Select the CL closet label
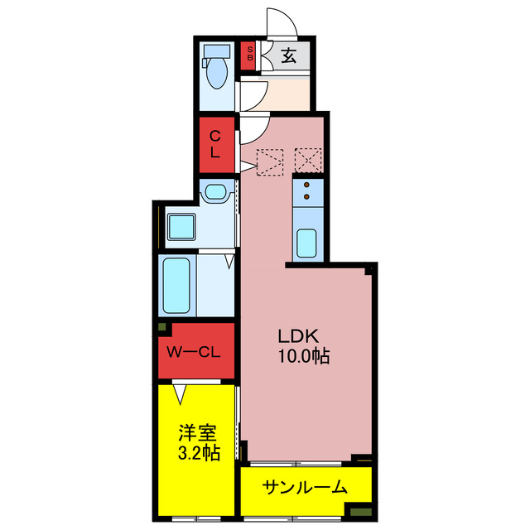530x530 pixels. click(214, 144)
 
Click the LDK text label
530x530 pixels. click(298, 337)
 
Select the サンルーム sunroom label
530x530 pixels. click(304, 488)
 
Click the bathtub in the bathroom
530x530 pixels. click(177, 286)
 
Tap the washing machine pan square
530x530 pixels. click(181, 225)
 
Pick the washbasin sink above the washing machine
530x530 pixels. click(214, 193)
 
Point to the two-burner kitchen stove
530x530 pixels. click(306, 191)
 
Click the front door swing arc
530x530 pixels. click(279, 23)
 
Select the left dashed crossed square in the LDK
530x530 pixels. click(269, 162)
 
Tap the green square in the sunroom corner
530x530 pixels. click(359, 512)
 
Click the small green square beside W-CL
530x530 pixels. click(165, 329)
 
